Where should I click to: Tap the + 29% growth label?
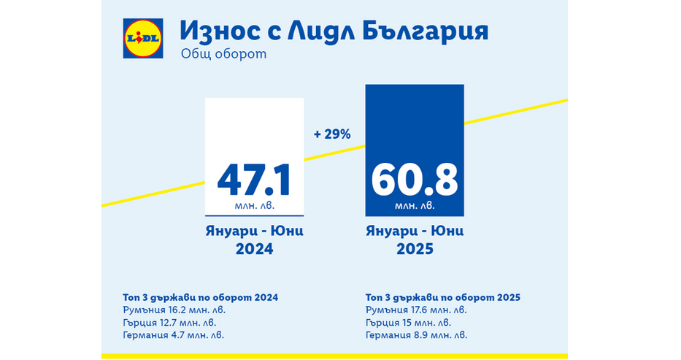pos(332,134)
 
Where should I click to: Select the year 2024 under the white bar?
pos(253,249)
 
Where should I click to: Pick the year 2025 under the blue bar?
pos(415,249)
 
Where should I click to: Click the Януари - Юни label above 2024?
pos(253,231)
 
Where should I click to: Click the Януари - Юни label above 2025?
pos(415,231)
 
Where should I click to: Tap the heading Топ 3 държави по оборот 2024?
pos(201,297)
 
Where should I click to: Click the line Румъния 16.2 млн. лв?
pos(174,310)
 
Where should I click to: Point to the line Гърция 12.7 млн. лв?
pos(170,322)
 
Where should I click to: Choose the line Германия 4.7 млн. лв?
pos(174,334)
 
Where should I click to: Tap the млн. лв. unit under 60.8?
pos(415,207)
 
